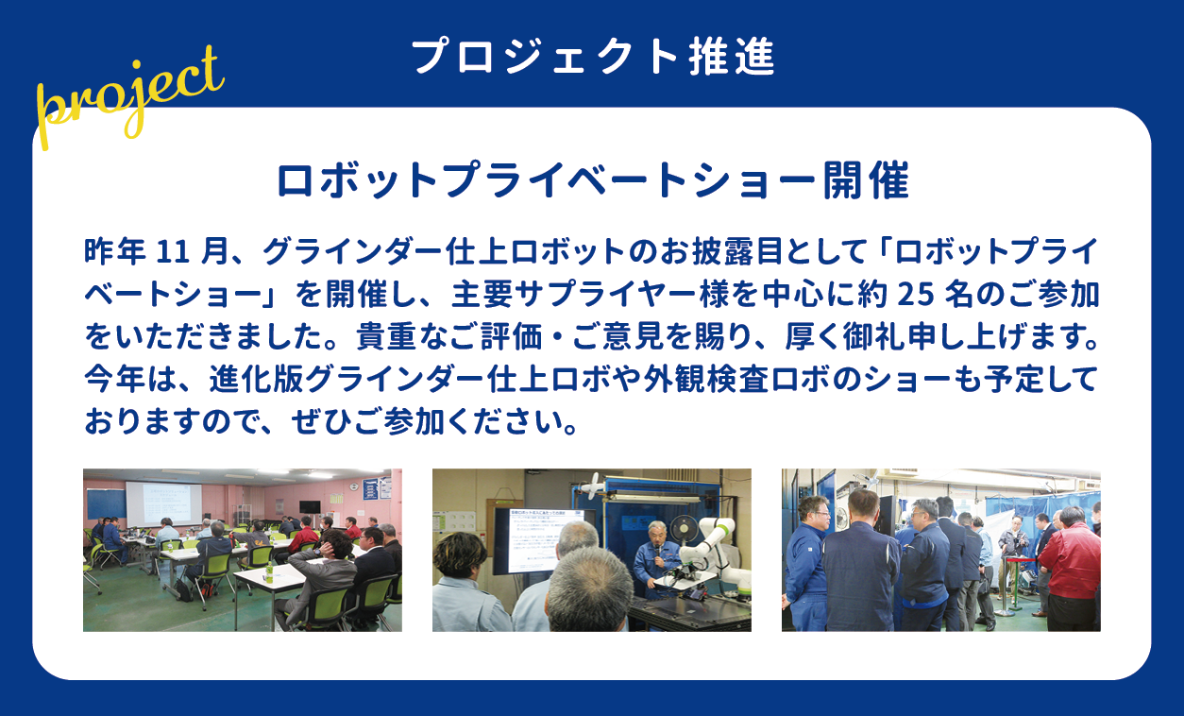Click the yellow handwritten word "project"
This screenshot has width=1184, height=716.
click(129, 98)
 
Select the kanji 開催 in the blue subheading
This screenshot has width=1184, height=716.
click(866, 180)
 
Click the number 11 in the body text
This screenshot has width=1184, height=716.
click(173, 251)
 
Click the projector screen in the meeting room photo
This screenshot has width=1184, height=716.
click(164, 503)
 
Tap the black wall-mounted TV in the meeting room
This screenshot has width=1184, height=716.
click(310, 506)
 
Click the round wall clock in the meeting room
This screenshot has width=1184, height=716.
click(355, 486)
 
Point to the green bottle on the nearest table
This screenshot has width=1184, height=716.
click(269, 571)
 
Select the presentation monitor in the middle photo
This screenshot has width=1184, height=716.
click(545, 540)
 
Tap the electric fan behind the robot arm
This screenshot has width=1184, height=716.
click(685, 529)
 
